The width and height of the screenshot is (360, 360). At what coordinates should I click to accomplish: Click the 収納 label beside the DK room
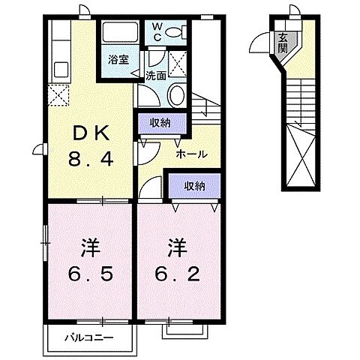158,120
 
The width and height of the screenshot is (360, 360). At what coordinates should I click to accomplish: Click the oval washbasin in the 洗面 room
178,95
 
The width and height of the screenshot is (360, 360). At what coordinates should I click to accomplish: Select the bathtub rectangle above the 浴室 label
120,34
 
